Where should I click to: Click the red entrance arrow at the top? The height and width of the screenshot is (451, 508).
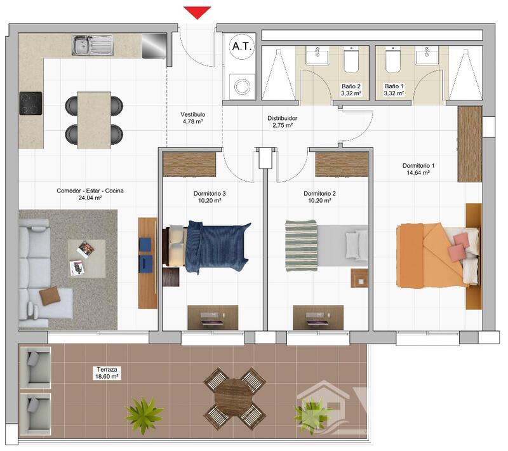pyautogui.click(x=197, y=13)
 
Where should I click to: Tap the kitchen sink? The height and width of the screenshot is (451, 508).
pyautogui.click(x=93, y=45)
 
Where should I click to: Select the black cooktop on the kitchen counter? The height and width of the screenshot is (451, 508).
pyautogui.click(x=30, y=104)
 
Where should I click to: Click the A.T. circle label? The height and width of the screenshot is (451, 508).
pyautogui.click(x=242, y=46)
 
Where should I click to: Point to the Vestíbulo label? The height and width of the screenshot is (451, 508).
pyautogui.click(x=193, y=118)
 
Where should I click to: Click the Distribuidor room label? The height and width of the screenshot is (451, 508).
pyautogui.click(x=282, y=122)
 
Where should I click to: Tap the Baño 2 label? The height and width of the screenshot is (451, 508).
pyautogui.click(x=351, y=90)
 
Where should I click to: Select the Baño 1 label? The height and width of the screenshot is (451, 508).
pyautogui.click(x=394, y=90)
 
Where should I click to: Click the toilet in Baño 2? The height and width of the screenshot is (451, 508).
pyautogui.click(x=351, y=60)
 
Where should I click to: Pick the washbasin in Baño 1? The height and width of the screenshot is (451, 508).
pyautogui.click(x=427, y=56)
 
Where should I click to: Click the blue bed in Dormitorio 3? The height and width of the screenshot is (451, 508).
pyautogui.click(x=209, y=246)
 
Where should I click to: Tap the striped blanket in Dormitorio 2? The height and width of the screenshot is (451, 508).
pyautogui.click(x=301, y=246)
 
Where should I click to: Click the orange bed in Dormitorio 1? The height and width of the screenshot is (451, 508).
pyautogui.click(x=438, y=255)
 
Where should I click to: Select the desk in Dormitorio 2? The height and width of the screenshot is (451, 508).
pyautogui.click(x=318, y=318)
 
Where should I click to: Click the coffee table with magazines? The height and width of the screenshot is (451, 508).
pyautogui.click(x=86, y=259)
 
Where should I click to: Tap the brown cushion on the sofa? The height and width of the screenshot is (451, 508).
pyautogui.click(x=50, y=296)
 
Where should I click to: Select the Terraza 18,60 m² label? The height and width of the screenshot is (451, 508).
pyautogui.click(x=107, y=373)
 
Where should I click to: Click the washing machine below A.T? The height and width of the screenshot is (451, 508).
pyautogui.click(x=242, y=86)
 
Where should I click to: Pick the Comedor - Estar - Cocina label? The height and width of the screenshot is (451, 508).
pyautogui.click(x=90, y=194)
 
